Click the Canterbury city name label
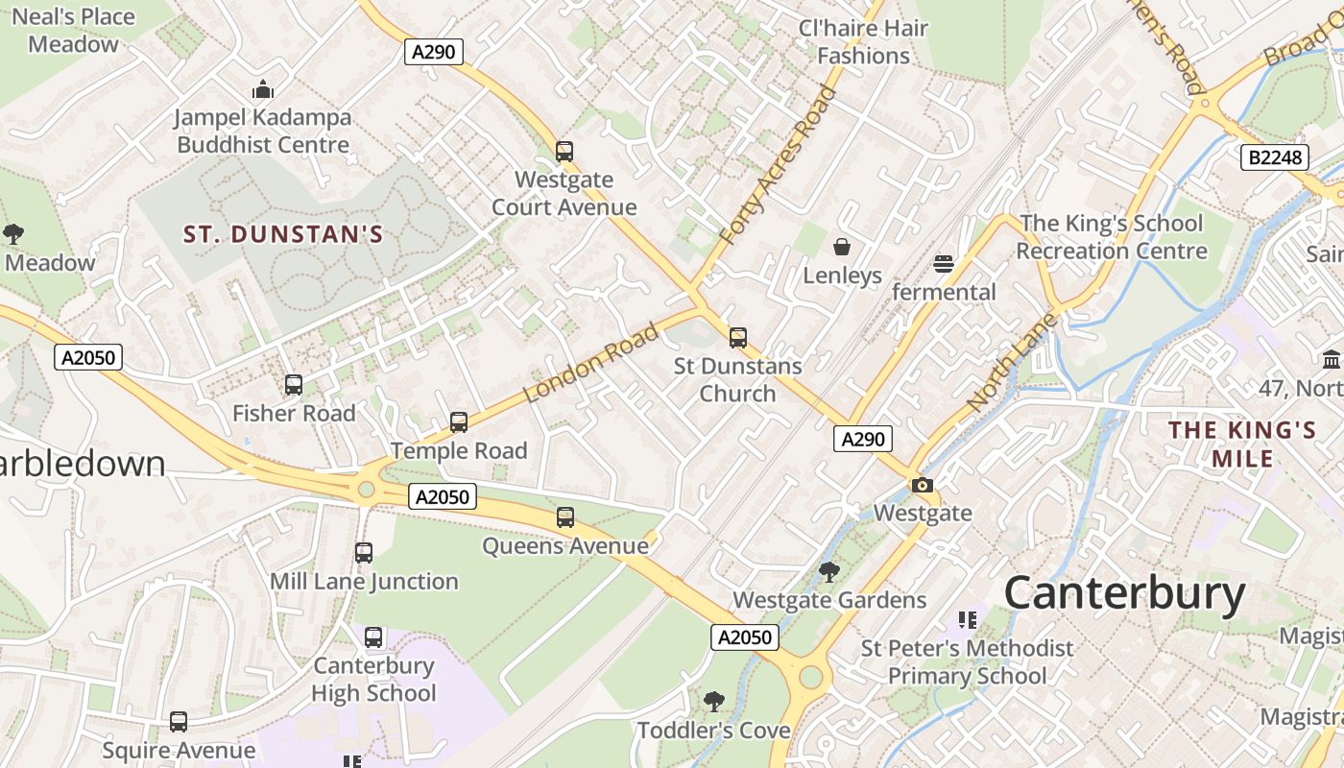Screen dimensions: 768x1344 (1124, 593)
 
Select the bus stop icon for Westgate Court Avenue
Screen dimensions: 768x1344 (564, 152)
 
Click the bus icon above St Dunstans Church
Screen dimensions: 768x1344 (737, 338)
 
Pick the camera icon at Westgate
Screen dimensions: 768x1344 (922, 486)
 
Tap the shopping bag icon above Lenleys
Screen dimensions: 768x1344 (842, 248)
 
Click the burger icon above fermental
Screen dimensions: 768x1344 (944, 264)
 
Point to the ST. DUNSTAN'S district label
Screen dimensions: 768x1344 (283, 234)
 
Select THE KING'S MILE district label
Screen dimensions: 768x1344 (1241, 444)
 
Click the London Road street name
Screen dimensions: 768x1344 (591, 363)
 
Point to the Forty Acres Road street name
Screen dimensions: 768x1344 (778, 165)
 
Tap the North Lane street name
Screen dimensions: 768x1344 (1012, 363)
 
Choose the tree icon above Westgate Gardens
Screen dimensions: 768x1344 (829, 572)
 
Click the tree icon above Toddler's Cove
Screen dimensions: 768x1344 (713, 702)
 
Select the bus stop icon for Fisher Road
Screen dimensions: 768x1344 (294, 385)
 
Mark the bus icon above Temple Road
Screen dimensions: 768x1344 (459, 422)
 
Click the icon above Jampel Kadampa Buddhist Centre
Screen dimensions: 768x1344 (263, 90)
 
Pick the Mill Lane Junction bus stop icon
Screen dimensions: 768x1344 (364, 553)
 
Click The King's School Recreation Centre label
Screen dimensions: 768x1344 (1111, 237)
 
